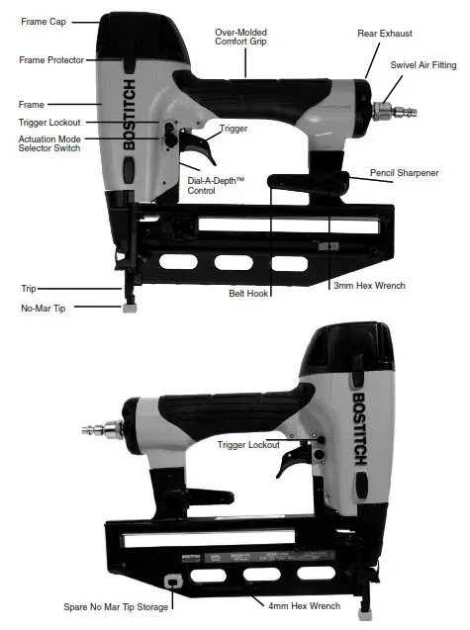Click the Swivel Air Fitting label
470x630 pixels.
tap(423, 65)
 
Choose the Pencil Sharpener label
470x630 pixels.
tap(405, 173)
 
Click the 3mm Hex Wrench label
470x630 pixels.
tap(369, 286)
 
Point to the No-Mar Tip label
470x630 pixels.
tap(43, 308)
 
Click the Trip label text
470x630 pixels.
tap(29, 289)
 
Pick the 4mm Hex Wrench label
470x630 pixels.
tap(311, 605)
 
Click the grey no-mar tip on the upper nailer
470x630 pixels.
tap(129, 308)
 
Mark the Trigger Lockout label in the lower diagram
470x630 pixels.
tap(247, 445)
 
